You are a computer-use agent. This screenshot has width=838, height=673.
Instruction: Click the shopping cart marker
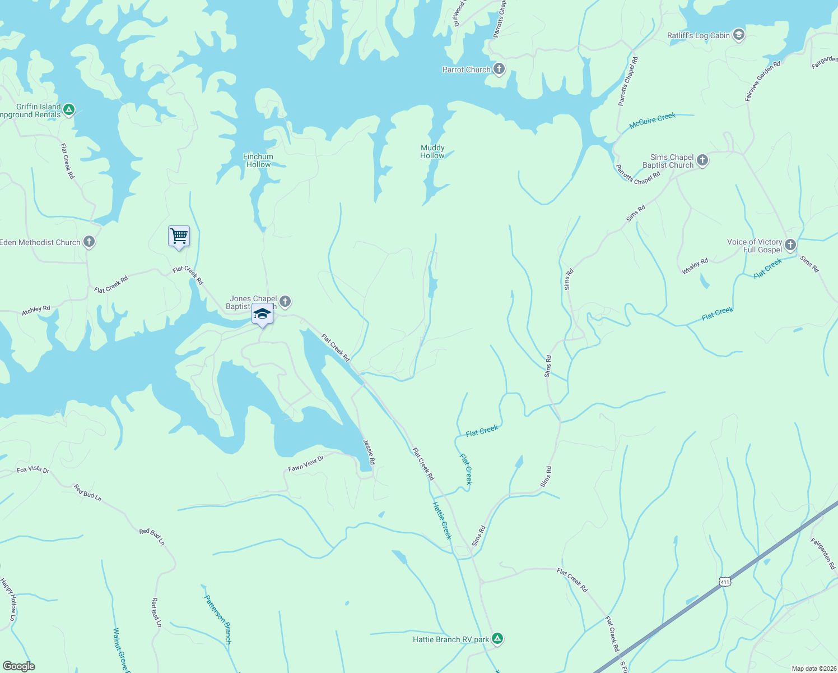(179, 236)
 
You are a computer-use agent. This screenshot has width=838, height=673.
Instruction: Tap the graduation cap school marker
(262, 314)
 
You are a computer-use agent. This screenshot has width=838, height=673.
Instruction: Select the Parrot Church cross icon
(499, 70)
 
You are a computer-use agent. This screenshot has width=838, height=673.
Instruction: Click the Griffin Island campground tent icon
(68, 109)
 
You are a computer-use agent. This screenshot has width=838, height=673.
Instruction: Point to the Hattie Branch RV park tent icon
(497, 638)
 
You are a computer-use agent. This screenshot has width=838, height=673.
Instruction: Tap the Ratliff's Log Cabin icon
(738, 35)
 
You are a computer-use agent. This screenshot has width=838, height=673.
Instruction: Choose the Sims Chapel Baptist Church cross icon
(702, 161)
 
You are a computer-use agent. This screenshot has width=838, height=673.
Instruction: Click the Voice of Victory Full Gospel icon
(790, 245)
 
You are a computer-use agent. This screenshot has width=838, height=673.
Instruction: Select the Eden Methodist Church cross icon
(89, 242)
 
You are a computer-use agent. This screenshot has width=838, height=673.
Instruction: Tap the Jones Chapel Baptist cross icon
(285, 302)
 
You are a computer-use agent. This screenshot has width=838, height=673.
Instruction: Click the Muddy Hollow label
(432, 151)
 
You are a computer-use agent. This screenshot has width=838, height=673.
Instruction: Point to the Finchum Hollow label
(258, 160)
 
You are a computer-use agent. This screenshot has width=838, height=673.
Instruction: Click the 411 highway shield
(725, 582)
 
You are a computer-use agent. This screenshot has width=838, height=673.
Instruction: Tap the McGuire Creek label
(652, 121)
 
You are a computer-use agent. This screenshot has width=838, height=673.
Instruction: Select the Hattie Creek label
(442, 520)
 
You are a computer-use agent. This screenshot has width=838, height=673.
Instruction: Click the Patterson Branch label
(218, 619)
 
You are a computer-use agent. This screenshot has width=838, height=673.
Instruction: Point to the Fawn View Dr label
(306, 464)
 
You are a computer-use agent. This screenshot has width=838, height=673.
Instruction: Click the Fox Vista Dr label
(33, 469)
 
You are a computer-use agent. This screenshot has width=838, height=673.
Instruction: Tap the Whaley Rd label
(695, 266)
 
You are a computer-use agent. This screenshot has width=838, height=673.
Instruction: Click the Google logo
(19, 666)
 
